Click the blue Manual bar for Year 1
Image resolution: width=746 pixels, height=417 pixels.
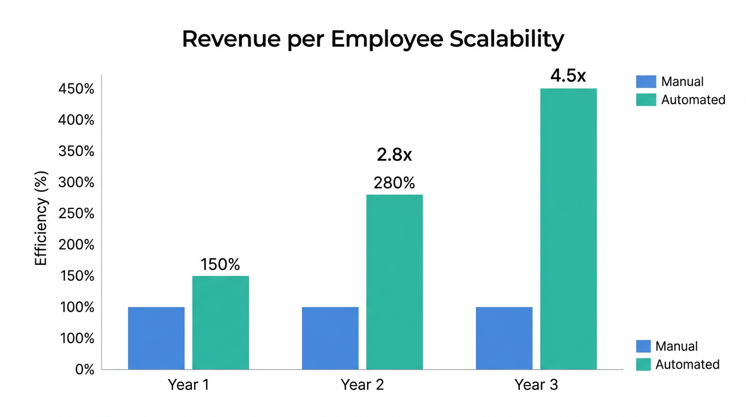point(156,338)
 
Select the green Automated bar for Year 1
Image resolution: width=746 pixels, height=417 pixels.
point(221,323)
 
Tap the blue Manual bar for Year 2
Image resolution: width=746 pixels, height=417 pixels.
point(330,338)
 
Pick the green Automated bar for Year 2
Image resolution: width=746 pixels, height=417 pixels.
point(394,282)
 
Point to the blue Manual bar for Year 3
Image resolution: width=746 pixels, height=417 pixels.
point(504,338)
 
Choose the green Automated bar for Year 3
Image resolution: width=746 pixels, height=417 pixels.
point(568,229)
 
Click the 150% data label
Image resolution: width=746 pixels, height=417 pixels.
point(220,264)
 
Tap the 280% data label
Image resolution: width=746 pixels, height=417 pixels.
point(394,183)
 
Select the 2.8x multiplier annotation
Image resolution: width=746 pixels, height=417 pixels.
point(394,155)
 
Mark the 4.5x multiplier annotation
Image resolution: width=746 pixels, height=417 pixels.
point(568,76)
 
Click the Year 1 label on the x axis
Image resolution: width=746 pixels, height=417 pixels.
point(188,385)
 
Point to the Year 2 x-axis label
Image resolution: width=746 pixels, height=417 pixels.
point(362,385)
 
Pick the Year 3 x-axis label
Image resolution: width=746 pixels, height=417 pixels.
point(536,385)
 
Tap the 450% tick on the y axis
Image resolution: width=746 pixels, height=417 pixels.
point(76,89)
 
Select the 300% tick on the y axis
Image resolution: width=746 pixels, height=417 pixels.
point(76,182)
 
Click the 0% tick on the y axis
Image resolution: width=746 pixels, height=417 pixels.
point(85,370)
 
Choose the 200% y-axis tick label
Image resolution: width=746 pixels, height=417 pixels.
point(76,245)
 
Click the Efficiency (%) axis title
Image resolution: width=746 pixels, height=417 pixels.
point(41,218)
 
